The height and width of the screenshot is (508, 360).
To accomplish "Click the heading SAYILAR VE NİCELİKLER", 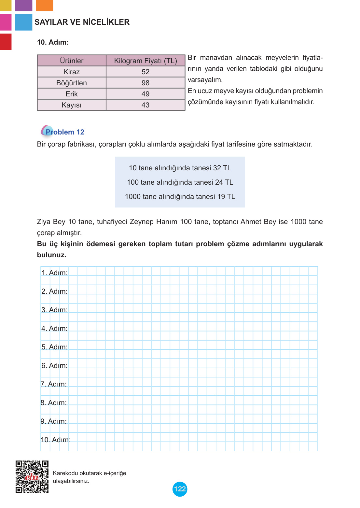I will pos(82,22).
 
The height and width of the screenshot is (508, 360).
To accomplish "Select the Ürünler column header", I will pos(72,61).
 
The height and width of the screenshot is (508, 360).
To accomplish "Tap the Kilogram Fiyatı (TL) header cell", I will pos(145,61).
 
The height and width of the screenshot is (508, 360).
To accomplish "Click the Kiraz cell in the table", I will pos(72,72).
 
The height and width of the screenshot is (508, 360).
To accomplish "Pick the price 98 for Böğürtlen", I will pos(145,83).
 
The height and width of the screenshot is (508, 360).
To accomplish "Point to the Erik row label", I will pos(72,94).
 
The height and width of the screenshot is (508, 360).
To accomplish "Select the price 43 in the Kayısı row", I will pos(145,105).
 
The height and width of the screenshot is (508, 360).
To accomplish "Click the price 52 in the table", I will pos(145,72).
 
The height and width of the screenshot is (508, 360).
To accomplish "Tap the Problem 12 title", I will pos(65,132).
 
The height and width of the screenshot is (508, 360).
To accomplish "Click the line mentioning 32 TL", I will pos(180,168).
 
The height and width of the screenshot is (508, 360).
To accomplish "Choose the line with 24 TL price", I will pos(180,182).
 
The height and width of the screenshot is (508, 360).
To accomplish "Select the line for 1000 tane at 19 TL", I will pos(180,197).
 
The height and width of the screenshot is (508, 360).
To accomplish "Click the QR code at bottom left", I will pos(32,477).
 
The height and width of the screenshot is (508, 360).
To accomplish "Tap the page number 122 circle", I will pos(180,489).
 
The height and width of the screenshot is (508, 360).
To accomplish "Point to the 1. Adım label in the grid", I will pos(54,273).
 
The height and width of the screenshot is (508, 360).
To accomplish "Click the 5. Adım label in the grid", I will pos(54,347).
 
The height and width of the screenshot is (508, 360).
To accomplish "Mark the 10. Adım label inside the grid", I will pos(55,440).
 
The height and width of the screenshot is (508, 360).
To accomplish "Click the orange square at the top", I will pos(44,5).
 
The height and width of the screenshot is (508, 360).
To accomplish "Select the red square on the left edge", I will pos(6,42).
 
